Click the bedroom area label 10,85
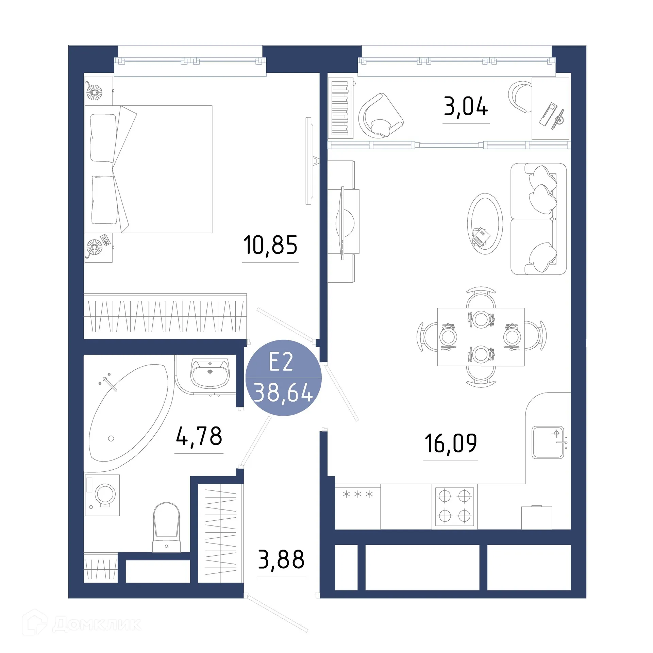click(x=270, y=245)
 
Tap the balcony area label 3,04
click(x=466, y=106)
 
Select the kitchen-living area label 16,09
click(x=451, y=443)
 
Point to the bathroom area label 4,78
click(x=199, y=436)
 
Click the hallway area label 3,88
click(x=281, y=559)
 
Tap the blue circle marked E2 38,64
click(x=283, y=378)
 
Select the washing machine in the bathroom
click(x=102, y=495)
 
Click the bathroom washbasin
click(x=210, y=374)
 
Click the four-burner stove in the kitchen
click(x=454, y=506)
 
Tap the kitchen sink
click(x=548, y=442)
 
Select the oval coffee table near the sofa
click(x=485, y=223)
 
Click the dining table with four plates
click(x=481, y=337)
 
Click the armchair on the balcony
click(x=380, y=116)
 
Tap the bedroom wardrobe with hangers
click(x=165, y=316)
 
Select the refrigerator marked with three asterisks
click(x=357, y=506)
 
